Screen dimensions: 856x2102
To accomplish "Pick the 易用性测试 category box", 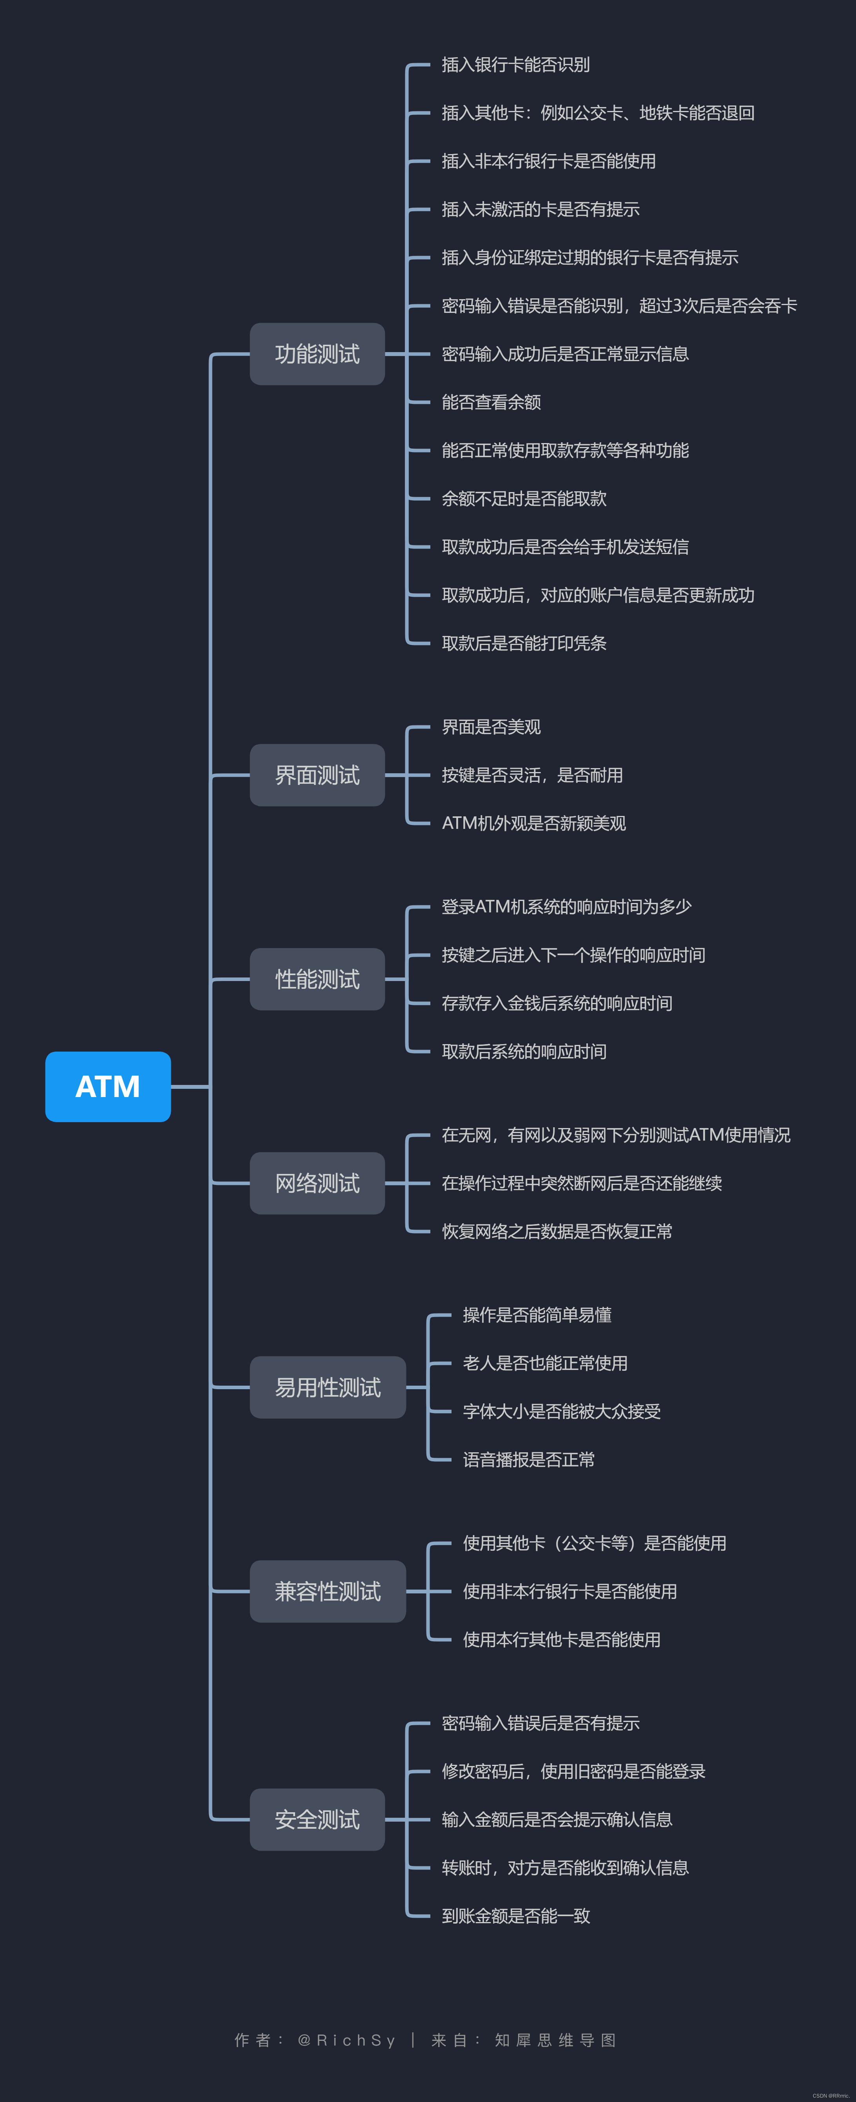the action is pyautogui.click(x=327, y=1387).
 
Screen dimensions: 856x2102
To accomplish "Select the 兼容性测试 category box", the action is pyautogui.click(x=327, y=1591).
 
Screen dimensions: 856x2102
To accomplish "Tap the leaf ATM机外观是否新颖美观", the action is pyautogui.click(x=534, y=823).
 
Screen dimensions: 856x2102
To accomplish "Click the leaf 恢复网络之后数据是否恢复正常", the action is pyautogui.click(x=557, y=1231).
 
